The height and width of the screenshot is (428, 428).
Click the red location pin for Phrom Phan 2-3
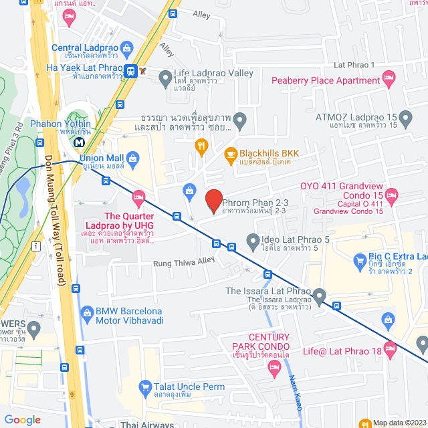[213, 201]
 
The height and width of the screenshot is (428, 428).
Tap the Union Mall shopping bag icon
[132, 158]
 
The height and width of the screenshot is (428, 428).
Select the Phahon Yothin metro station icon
[80, 141]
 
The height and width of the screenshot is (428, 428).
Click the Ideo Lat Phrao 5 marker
[253, 239]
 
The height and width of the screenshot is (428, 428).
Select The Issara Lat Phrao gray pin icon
[319, 295]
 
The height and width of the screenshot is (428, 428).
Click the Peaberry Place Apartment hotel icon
[389, 80]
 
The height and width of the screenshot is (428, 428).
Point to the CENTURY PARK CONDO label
[260, 341]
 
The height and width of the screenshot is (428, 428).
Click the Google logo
[23, 420]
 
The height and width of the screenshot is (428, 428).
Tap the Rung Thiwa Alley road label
[183, 262]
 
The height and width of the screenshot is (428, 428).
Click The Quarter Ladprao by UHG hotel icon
[138, 197]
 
